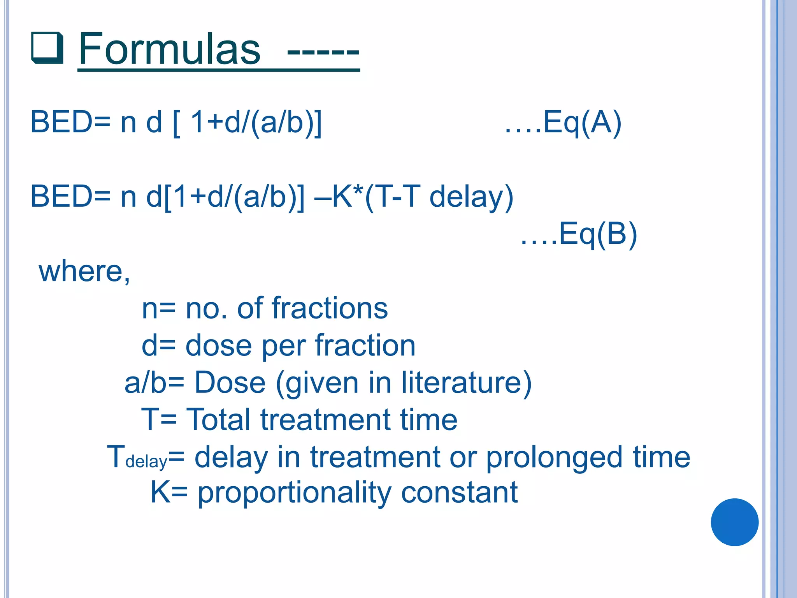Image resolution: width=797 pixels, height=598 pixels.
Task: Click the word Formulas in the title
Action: click(x=170, y=49)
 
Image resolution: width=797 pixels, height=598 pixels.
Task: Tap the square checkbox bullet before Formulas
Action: click(x=47, y=48)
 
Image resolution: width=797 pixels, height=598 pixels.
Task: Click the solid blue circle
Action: click(x=734, y=522)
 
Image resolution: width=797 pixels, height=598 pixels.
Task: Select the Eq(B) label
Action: click(x=597, y=234)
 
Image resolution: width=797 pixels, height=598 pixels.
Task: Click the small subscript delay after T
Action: click(x=146, y=462)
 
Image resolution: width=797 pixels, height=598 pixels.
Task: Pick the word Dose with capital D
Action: click(x=230, y=383)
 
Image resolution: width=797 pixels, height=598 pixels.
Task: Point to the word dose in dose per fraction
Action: click(x=218, y=346)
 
